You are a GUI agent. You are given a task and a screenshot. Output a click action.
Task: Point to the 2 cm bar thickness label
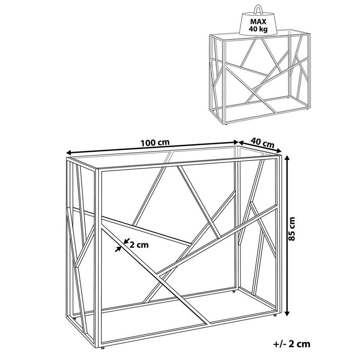click(x=139, y=245)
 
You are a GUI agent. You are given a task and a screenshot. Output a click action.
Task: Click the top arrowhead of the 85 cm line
click(x=288, y=157)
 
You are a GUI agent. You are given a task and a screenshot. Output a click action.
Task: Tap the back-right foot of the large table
click(x=234, y=291)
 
